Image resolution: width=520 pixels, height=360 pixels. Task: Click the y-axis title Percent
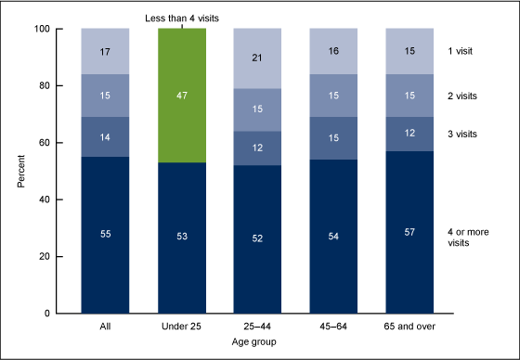click(21, 171)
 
